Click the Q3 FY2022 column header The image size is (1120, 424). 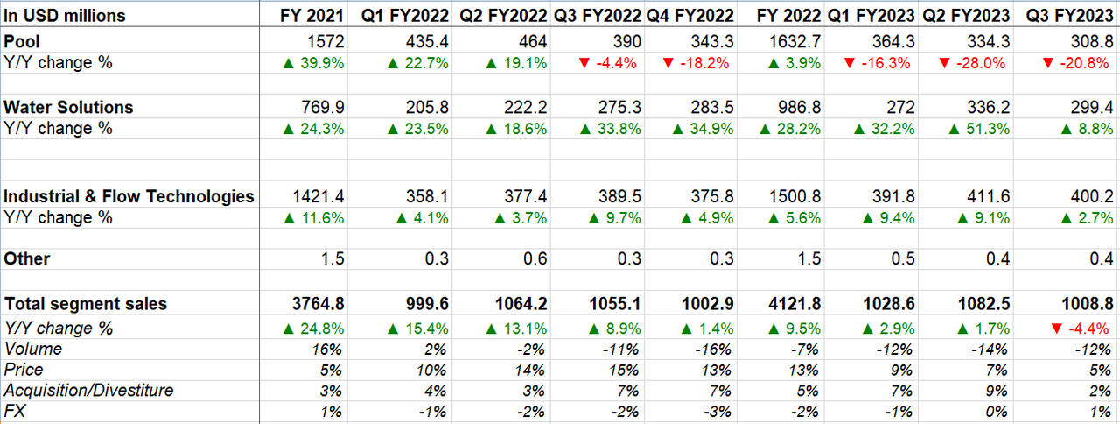pyautogui.click(x=597, y=16)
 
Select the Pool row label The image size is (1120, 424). pyautogui.click(x=22, y=41)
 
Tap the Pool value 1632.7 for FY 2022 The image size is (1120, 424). pyautogui.click(x=794, y=41)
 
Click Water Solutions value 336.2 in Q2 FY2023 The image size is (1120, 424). pyautogui.click(x=988, y=107)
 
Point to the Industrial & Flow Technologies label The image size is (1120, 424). pyautogui.click(x=129, y=196)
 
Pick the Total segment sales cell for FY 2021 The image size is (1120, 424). pyautogui.click(x=318, y=304)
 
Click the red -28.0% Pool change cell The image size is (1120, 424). pyautogui.click(x=972, y=63)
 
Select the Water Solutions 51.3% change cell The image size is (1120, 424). pyautogui.click(x=979, y=129)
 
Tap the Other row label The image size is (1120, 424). pyautogui.click(x=27, y=258)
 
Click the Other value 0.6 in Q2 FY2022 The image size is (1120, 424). pyautogui.click(x=535, y=258)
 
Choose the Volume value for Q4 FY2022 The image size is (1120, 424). pyautogui.click(x=713, y=350)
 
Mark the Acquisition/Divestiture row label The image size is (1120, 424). pyautogui.click(x=88, y=391)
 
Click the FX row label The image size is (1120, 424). pyautogui.click(x=15, y=411)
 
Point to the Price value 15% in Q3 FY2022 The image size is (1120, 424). pyautogui.click(x=625, y=371)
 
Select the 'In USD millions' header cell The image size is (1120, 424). pyautogui.click(x=65, y=16)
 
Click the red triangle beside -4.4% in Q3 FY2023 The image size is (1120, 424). pyautogui.click(x=1056, y=329)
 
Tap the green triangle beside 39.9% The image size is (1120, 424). pyautogui.click(x=288, y=63)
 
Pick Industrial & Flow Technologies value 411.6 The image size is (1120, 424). pyautogui.click(x=988, y=196)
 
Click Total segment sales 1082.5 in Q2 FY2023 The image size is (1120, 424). pyautogui.click(x=983, y=304)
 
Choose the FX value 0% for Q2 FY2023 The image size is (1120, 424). pyautogui.click(x=997, y=412)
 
